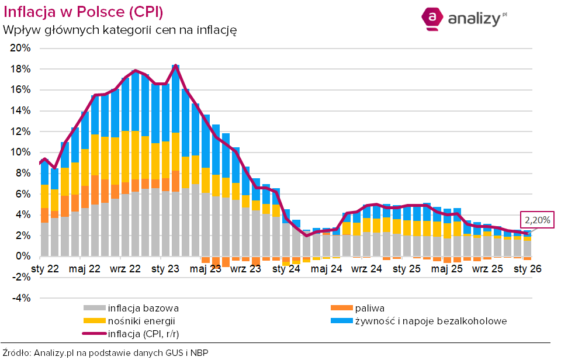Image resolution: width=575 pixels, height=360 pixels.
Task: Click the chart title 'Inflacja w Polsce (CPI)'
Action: click(83, 12)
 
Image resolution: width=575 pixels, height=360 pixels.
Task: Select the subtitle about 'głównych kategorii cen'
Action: click(120, 29)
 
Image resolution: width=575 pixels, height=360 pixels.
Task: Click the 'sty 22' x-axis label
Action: click(45, 269)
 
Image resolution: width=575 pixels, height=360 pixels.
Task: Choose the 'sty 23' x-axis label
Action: click(165, 269)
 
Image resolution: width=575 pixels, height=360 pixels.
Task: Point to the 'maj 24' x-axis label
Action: click(327, 269)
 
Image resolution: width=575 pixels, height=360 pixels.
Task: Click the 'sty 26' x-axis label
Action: click(527, 269)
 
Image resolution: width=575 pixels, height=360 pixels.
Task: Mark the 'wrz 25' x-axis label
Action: click(487, 269)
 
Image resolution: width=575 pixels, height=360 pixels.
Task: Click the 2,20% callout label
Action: click(537, 220)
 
